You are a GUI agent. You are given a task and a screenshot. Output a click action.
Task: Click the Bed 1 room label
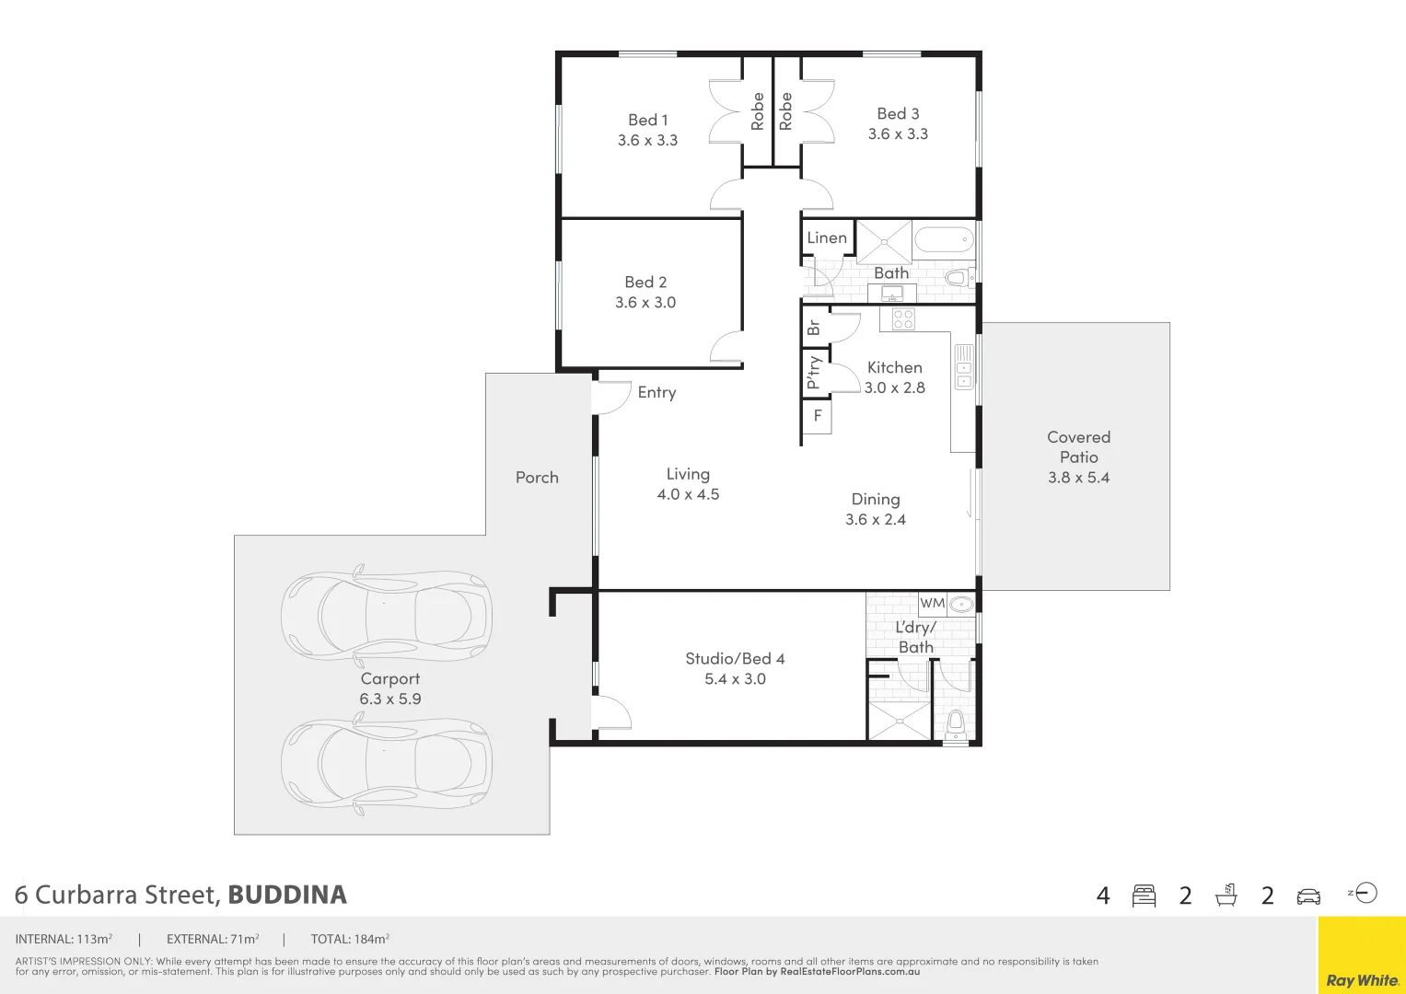coord(647,120)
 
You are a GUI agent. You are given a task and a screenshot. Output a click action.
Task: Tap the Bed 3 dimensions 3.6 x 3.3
coord(898,134)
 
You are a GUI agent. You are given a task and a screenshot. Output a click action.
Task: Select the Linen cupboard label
coord(826,237)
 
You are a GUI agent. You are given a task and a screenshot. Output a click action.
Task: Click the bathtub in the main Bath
coord(944,241)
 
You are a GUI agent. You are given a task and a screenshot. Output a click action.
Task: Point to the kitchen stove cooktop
coord(902,318)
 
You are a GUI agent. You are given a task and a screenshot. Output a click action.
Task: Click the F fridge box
coord(817,417)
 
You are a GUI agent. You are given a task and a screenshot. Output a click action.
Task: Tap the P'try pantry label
coord(814,373)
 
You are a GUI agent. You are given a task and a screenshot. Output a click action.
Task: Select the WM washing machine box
coord(932,604)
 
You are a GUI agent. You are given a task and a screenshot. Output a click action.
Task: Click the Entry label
coord(657,393)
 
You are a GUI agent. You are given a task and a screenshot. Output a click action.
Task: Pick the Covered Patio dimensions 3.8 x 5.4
coord(1078,478)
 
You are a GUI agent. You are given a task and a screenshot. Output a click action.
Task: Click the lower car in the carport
coord(387,764)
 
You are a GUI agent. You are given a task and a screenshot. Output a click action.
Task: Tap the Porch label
coord(537,478)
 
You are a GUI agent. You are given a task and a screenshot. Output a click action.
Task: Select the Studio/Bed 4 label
coord(735,659)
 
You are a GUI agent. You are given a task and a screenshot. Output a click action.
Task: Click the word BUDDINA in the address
coord(287,895)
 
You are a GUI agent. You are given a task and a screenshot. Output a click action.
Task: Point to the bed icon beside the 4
coord(1144,896)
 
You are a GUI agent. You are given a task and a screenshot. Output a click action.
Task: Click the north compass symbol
coord(1365,893)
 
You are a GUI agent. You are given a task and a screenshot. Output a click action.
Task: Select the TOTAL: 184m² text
coord(350,940)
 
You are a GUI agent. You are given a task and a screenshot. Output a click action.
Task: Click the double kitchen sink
coord(963,365)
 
